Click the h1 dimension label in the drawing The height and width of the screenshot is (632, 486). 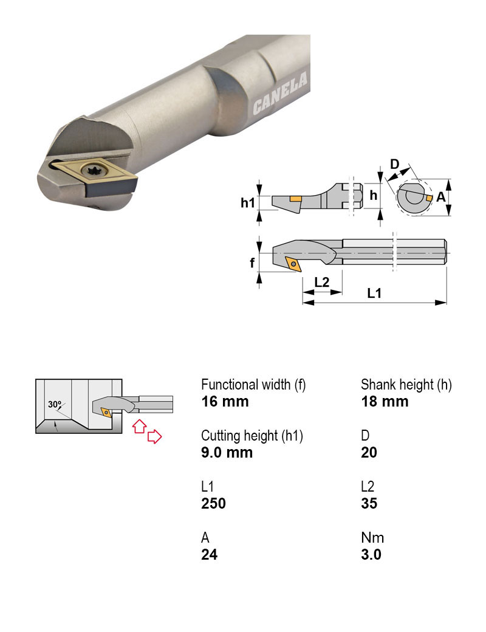(247, 203)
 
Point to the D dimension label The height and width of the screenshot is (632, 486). (394, 164)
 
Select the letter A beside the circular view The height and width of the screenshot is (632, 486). (441, 197)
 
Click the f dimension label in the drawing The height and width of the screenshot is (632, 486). (253, 264)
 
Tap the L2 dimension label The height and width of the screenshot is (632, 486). (322, 282)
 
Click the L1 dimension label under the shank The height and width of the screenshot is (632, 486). (374, 294)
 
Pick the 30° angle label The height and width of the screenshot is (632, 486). (55, 404)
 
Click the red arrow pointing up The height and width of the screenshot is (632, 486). (139, 425)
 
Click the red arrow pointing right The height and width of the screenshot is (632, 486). (155, 436)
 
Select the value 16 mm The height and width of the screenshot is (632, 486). (225, 402)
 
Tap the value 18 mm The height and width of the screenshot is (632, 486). (385, 402)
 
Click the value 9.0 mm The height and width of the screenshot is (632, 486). (227, 453)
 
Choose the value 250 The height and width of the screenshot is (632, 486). (213, 504)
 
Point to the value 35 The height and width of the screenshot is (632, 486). (369, 504)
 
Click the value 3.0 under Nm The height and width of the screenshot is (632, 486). (371, 555)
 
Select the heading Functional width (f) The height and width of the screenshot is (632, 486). (253, 385)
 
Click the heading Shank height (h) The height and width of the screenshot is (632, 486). (406, 385)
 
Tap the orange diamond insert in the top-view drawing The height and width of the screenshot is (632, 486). (293, 264)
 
